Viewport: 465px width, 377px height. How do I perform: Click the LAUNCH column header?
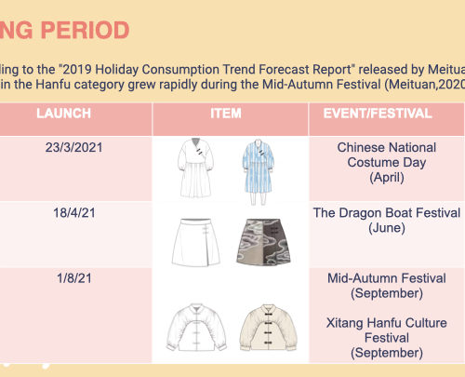point(63,114)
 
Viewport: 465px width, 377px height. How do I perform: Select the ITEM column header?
point(226,114)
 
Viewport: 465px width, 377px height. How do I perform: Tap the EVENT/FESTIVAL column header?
point(378,114)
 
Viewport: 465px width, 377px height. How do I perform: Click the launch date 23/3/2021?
point(73,147)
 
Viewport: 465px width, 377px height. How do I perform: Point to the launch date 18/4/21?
point(74,213)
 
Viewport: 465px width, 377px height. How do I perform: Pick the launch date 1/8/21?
point(74,278)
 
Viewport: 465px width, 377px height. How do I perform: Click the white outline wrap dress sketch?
point(195,168)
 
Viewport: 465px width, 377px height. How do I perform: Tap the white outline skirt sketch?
point(196,242)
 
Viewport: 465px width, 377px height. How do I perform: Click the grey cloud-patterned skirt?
point(263,242)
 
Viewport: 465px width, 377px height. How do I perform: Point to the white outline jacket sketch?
point(196,327)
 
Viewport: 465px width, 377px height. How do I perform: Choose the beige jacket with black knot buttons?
point(268,328)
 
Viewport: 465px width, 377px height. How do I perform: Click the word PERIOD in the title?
point(85,30)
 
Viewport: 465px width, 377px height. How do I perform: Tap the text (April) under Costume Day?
point(387,178)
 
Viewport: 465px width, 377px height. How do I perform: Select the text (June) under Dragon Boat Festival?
point(387,228)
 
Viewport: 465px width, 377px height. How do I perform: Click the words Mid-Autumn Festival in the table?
point(387,278)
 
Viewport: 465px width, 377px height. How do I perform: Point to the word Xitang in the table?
point(345,323)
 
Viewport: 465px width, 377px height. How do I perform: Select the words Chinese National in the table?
point(387,147)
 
